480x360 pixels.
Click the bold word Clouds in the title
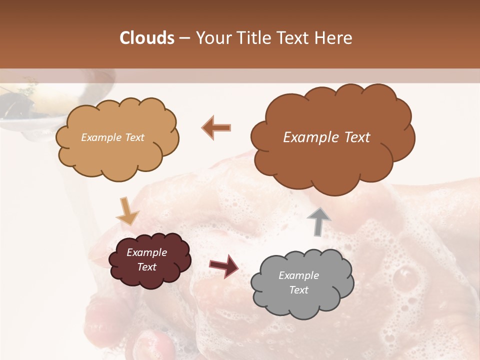click(147, 38)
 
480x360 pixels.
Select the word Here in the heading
click(335, 38)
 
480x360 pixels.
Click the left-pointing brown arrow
click(216, 127)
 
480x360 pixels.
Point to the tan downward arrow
click(127, 211)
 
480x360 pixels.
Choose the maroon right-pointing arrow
click(224, 265)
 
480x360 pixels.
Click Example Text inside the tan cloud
click(112, 137)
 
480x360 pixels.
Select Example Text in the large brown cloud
click(326, 137)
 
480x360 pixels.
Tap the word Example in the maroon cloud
click(146, 252)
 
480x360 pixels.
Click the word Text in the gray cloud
click(298, 290)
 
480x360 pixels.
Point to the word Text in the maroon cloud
click(146, 267)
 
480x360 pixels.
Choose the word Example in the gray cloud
click(298, 275)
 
